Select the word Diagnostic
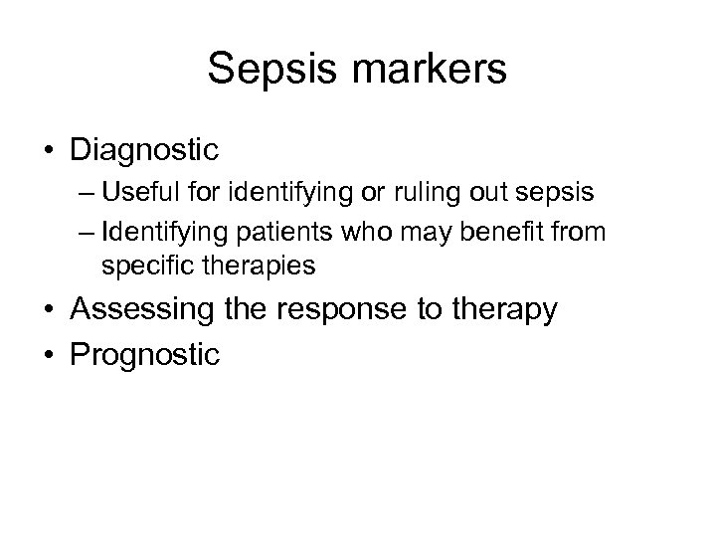tap(145, 150)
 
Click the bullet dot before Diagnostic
tap(49, 151)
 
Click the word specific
tap(140, 267)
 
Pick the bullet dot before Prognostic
tap(49, 354)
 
